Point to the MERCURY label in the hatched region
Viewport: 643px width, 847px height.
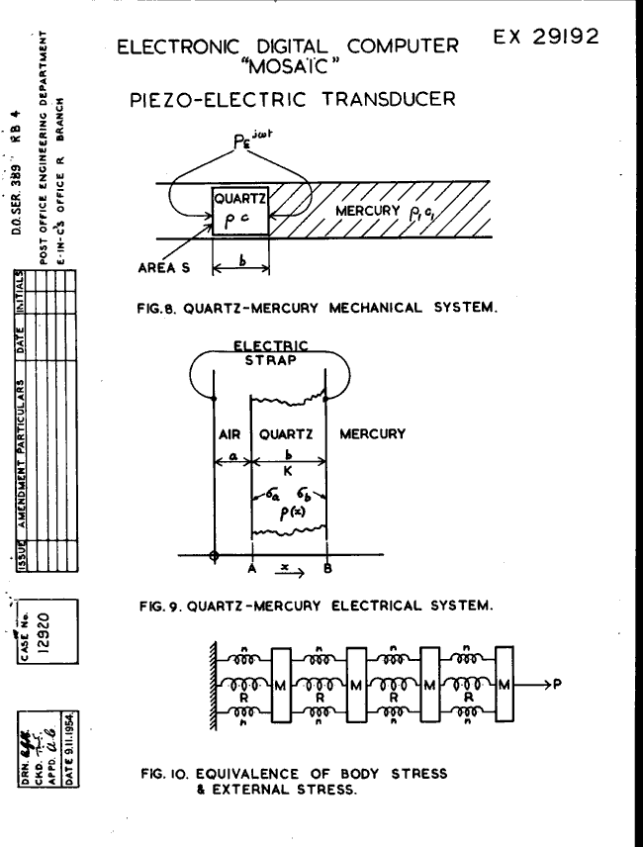pyautogui.click(x=369, y=211)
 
